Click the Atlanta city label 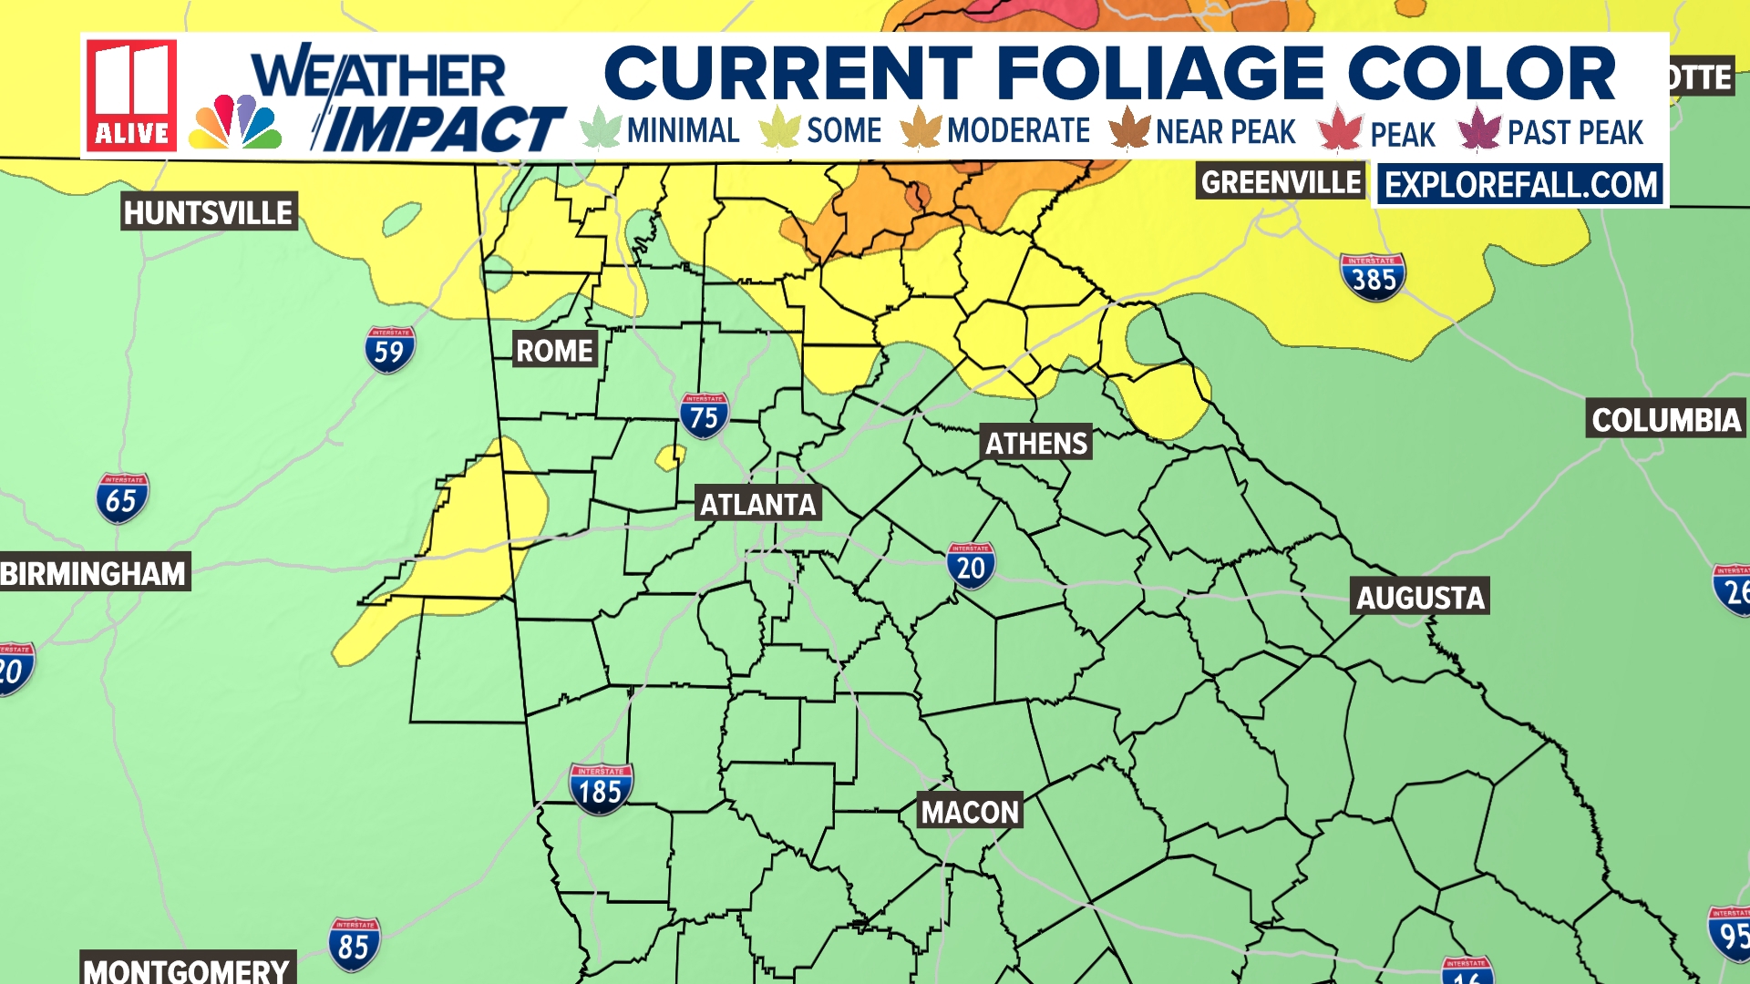[757, 504]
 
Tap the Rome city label [554, 351]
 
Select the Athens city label [1036, 444]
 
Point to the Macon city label [970, 812]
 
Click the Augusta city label [1420, 598]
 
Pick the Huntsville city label [209, 213]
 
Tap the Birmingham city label [93, 573]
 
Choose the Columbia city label [1666, 420]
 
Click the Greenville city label [1281, 182]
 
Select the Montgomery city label [187, 970]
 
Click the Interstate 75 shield [704, 416]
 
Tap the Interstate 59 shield [389, 350]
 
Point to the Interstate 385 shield [1373, 277]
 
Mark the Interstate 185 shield [600, 789]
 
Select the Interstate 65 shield [121, 498]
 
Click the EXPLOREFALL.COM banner [1521, 185]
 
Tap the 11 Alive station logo [132, 95]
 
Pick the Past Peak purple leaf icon [1478, 129]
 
